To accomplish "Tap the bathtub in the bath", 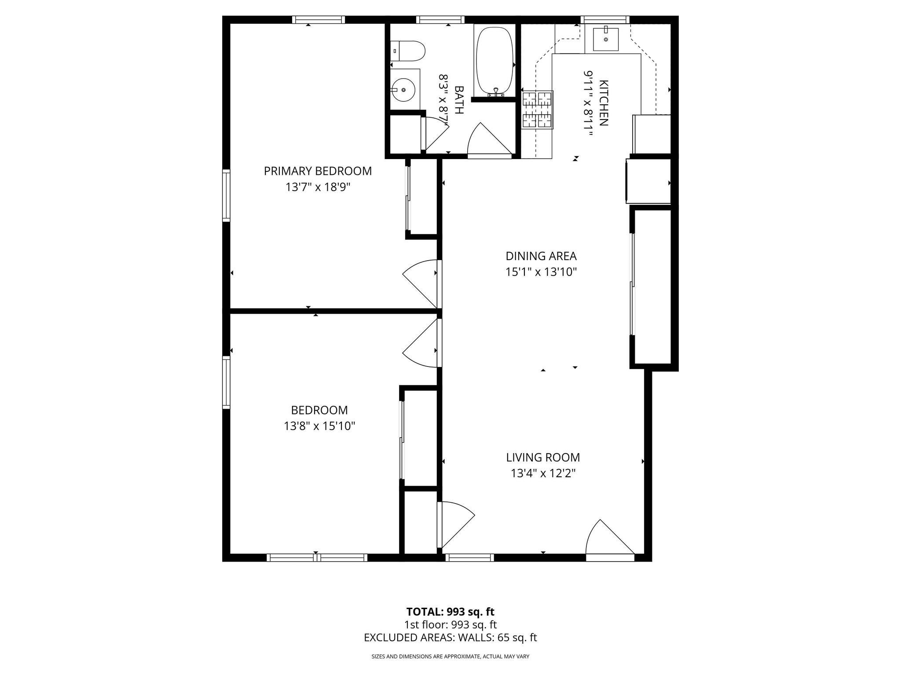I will tap(494, 62).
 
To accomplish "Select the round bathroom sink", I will tap(403, 90).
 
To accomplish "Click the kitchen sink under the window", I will tap(606, 40).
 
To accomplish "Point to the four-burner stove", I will tap(537, 109).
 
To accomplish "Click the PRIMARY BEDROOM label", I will tap(318, 171).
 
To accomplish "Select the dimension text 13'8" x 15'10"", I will tap(319, 426).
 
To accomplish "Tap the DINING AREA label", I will tap(541, 256).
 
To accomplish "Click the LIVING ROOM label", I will tap(543, 457).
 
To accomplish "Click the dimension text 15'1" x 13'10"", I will tap(541, 272).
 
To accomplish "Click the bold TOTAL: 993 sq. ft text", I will tap(450, 612).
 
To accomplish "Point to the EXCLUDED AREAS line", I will tap(450, 638).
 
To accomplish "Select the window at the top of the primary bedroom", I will tap(318, 19).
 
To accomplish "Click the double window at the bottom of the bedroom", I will tap(317, 558).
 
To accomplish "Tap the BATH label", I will tap(458, 100).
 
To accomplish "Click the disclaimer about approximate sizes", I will tap(450, 657).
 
